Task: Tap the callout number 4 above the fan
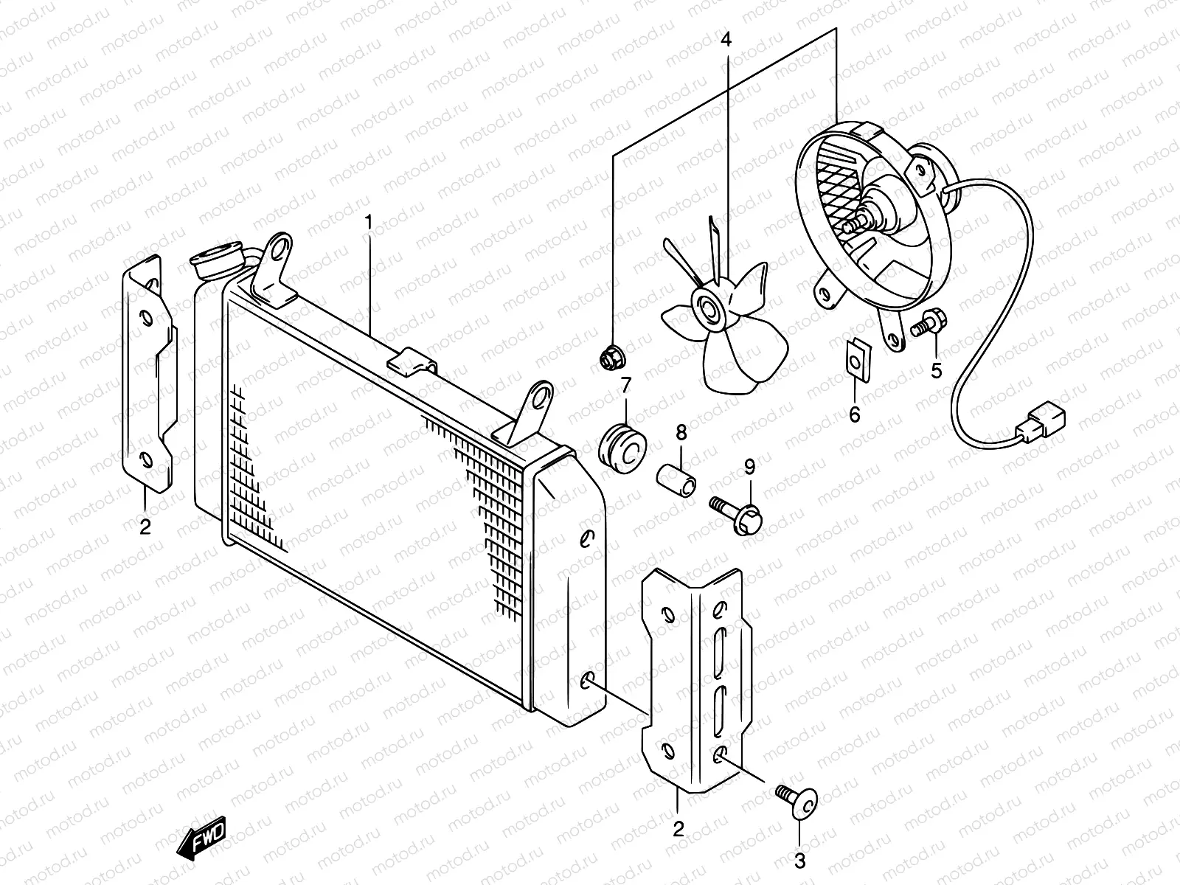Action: pyautogui.click(x=726, y=40)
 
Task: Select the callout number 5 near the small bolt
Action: pyautogui.click(x=936, y=370)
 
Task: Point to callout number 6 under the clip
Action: pyautogui.click(x=855, y=414)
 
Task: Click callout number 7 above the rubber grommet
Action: pyautogui.click(x=625, y=384)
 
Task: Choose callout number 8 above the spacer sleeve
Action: pyautogui.click(x=680, y=432)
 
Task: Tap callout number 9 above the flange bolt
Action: pyautogui.click(x=749, y=466)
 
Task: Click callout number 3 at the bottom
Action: pyautogui.click(x=800, y=860)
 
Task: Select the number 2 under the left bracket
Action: pyautogui.click(x=145, y=527)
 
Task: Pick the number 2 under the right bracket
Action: pyautogui.click(x=678, y=828)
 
